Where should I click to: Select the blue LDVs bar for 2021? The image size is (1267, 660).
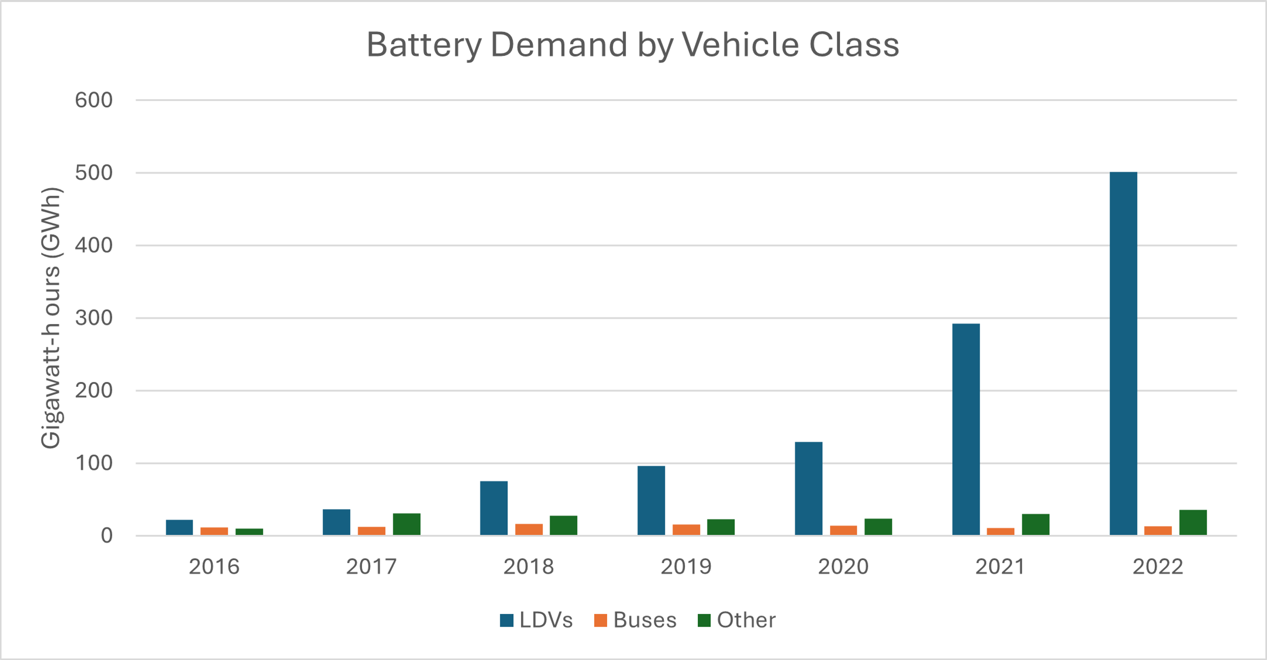pos(966,429)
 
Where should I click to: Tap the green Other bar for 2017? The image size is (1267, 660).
pos(407,524)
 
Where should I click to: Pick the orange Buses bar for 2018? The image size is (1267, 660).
pos(529,530)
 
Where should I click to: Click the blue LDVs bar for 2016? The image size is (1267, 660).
pos(179,528)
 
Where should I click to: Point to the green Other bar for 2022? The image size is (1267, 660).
pos(1193,523)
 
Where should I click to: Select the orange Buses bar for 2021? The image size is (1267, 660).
pos(1001,532)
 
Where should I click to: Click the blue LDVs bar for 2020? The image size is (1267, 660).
pos(809,488)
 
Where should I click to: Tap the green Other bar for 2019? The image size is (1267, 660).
pos(721,527)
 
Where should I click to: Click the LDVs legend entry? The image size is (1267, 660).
pos(537,620)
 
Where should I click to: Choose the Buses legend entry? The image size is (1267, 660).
pos(635,620)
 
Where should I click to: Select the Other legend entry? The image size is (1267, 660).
pos(737,620)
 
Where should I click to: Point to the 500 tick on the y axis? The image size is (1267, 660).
pos(94,173)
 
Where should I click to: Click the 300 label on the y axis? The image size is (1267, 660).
pos(94,318)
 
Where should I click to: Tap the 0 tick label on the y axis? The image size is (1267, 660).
pos(106,536)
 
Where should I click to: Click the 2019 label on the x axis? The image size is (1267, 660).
pos(686,567)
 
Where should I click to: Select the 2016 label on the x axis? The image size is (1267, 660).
pos(214,567)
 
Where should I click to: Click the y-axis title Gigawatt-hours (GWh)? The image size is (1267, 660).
pos(50,318)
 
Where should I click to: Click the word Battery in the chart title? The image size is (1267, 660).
pos(424,45)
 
